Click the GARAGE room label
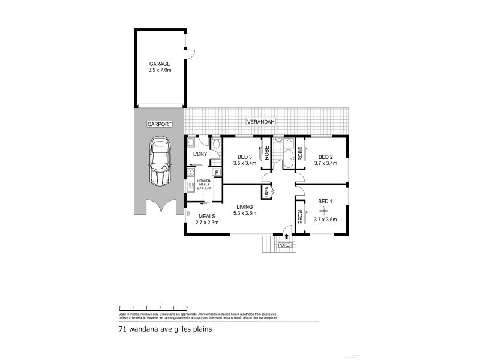click(x=160, y=64)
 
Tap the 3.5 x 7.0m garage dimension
click(x=160, y=70)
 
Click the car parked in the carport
click(x=160, y=160)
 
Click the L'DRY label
click(x=199, y=154)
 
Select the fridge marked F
click(x=215, y=173)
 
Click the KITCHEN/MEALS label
click(x=205, y=182)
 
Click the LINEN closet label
click(x=266, y=192)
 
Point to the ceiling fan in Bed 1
click(x=324, y=210)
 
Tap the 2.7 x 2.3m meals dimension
click(x=206, y=222)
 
